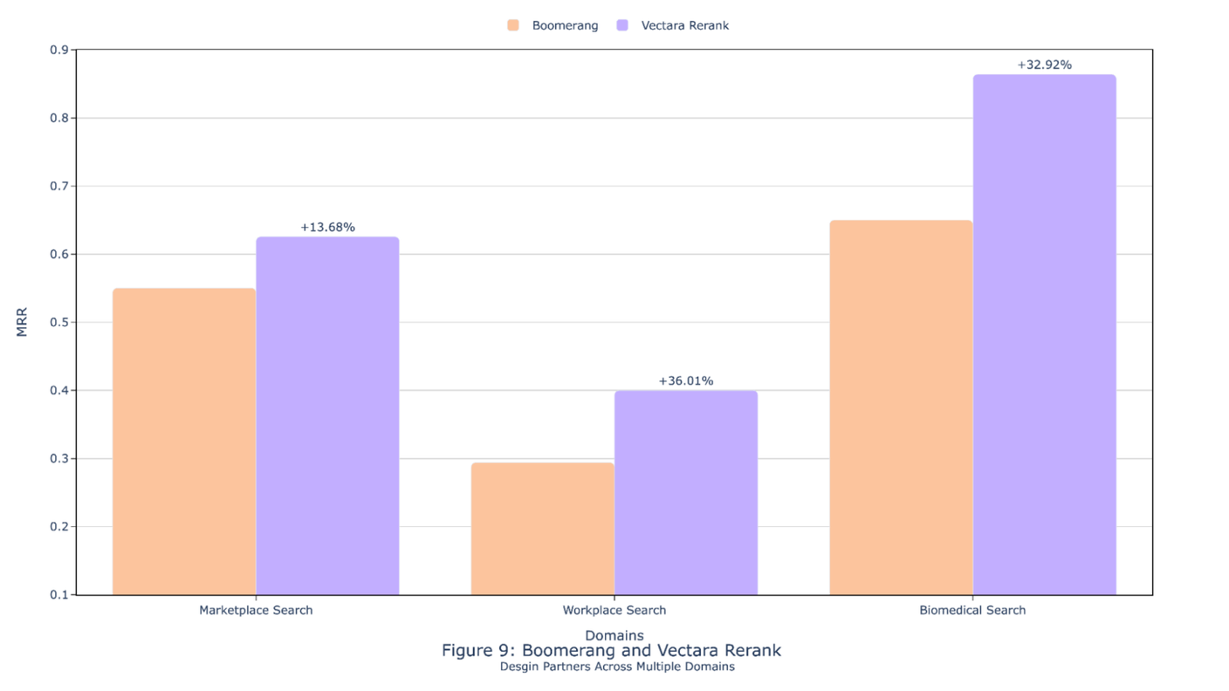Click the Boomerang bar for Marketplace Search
(184, 441)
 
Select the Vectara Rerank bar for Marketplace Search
(327, 415)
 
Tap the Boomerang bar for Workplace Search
(543, 529)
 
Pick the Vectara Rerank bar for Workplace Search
(686, 492)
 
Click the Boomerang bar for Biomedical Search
(901, 407)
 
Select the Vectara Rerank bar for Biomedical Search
(1044, 334)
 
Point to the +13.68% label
(327, 227)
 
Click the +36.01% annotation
(686, 380)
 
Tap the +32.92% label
(1044, 65)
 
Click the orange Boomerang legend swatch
(513, 25)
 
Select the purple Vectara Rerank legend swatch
(622, 25)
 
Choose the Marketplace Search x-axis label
(256, 610)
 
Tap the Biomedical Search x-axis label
(972, 610)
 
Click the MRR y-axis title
(22, 322)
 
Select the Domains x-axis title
(614, 635)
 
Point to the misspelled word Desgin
(521, 667)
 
